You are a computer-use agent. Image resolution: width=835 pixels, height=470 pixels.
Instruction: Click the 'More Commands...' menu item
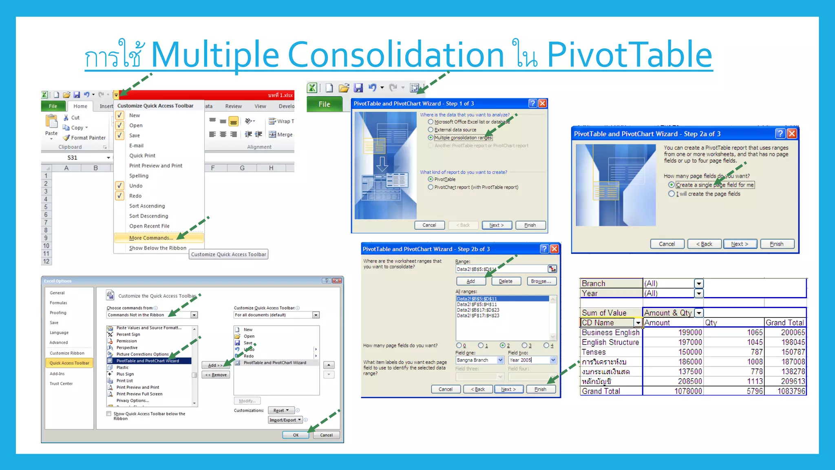pos(151,238)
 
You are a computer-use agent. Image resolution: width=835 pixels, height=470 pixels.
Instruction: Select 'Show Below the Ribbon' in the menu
pos(157,248)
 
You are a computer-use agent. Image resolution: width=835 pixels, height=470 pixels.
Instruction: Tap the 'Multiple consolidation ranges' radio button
pos(431,138)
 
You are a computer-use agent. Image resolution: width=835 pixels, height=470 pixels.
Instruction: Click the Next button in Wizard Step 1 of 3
pos(497,225)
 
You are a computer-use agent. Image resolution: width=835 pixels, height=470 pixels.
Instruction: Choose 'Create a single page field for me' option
pos(672,185)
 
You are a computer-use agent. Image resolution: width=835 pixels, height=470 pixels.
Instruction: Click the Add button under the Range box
pos(471,281)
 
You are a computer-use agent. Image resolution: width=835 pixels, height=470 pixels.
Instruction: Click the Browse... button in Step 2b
pos(541,281)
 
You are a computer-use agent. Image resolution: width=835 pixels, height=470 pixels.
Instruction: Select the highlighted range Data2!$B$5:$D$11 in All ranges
pos(477,299)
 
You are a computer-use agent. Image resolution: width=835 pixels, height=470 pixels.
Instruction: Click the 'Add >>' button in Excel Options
pos(215,365)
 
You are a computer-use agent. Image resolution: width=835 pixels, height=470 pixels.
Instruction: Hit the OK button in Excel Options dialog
pos(296,435)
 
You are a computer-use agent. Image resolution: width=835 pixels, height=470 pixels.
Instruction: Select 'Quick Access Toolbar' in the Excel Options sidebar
pos(69,363)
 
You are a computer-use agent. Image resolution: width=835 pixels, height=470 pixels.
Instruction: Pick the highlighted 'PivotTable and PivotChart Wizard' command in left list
pos(148,361)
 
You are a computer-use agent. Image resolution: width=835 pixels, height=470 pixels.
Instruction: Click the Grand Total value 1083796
pos(791,391)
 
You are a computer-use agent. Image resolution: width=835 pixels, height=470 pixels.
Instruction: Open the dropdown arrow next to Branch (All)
pos(699,284)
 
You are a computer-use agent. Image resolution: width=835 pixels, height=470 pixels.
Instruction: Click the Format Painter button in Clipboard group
pos(88,138)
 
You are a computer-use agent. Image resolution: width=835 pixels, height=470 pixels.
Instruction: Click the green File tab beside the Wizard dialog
pos(324,104)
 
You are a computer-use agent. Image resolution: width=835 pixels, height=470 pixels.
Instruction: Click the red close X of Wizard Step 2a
pos(792,134)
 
